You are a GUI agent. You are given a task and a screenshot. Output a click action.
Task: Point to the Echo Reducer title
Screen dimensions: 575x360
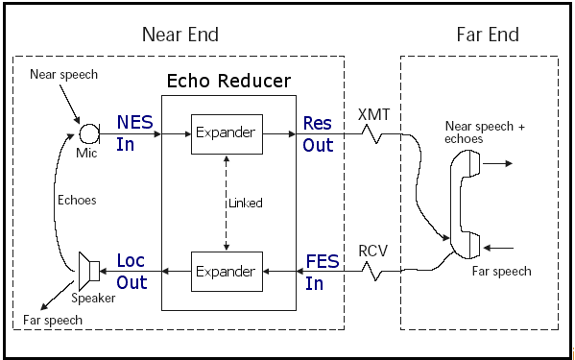[x=228, y=81]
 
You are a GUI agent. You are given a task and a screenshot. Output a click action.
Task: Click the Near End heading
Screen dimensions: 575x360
[x=180, y=35]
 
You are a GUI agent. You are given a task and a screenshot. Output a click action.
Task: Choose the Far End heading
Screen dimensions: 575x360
[x=488, y=35]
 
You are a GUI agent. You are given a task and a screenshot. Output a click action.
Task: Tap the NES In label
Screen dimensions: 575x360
[x=134, y=133]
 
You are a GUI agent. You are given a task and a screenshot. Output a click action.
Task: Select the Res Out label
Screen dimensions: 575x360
[x=318, y=134]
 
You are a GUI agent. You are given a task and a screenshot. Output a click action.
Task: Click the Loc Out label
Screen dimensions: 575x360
[x=132, y=272]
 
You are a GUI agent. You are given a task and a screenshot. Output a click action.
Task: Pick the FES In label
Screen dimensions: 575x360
[x=322, y=273]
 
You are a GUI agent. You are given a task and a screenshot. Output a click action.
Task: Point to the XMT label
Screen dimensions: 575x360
[x=373, y=115]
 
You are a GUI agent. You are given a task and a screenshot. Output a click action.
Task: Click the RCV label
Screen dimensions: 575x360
[x=373, y=252]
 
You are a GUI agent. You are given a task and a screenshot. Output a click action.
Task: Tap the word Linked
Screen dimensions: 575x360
[x=246, y=204]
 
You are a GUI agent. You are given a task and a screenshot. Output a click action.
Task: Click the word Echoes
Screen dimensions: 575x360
[x=77, y=201]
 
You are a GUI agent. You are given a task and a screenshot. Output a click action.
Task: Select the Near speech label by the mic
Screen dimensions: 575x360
[x=63, y=75]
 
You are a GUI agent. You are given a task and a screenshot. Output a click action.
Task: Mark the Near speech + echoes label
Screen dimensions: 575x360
[x=485, y=132]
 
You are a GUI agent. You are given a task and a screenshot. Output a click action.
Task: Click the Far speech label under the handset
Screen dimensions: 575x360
[x=501, y=272]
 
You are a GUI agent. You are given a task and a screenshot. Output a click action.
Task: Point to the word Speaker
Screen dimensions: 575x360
[x=93, y=298]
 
